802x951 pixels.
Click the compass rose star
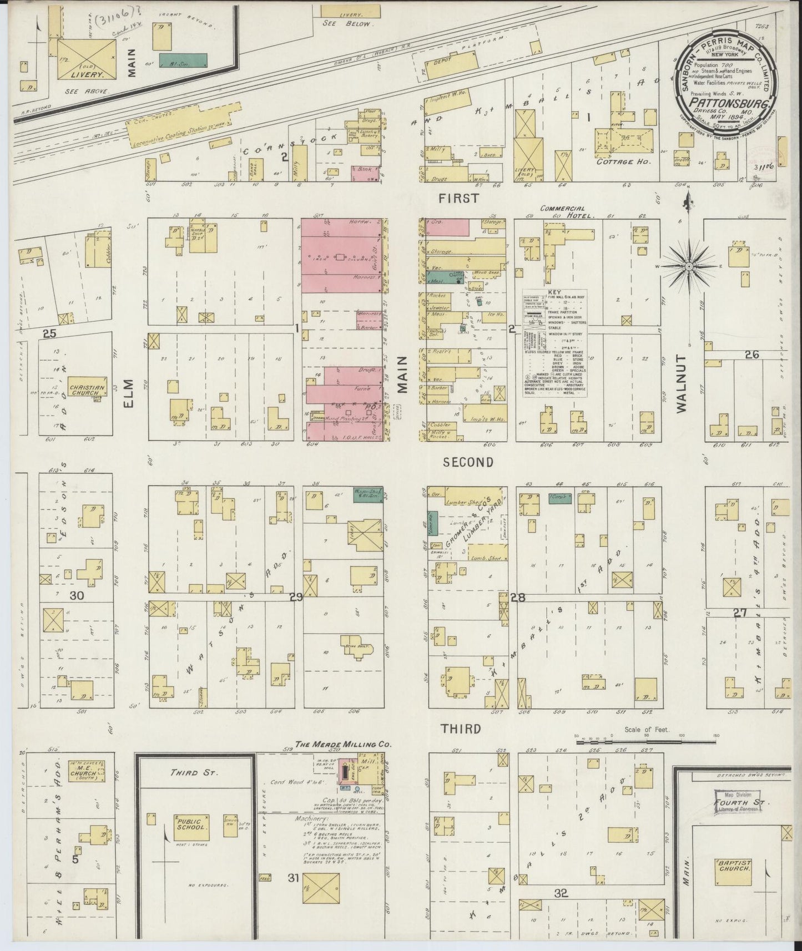(688, 266)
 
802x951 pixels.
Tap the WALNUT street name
(682, 383)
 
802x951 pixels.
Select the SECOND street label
(468, 463)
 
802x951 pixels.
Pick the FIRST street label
(458, 198)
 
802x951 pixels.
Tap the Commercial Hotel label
(560, 211)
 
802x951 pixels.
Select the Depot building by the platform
(442, 62)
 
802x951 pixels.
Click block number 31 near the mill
(294, 877)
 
